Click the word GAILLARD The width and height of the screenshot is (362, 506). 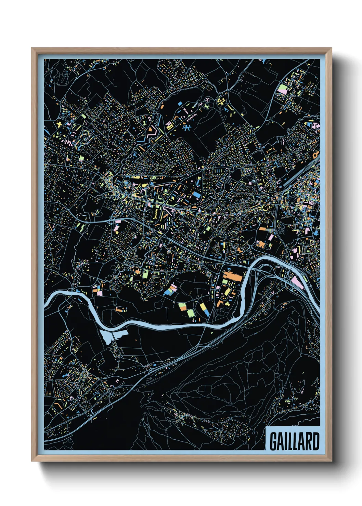294,441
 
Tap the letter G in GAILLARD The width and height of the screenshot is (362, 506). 273,441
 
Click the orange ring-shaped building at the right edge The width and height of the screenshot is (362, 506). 315,154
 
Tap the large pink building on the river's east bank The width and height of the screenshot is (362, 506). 297,282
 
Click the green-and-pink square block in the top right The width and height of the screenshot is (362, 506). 283,90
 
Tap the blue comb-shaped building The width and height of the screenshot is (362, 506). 186,128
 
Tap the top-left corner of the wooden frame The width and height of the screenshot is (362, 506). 32,48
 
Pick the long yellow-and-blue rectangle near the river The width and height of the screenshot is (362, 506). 204,309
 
